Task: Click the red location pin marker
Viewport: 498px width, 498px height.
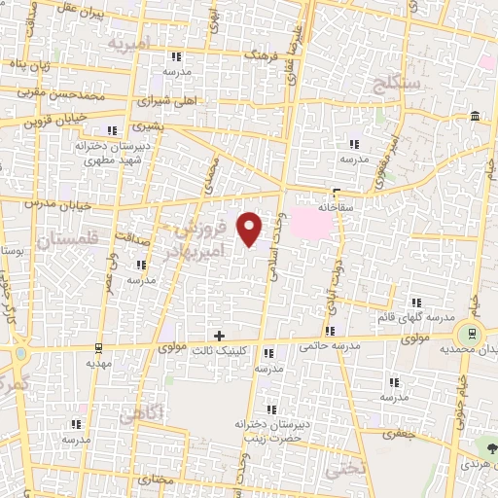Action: [250, 228]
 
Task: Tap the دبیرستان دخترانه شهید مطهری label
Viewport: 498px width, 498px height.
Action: [109, 152]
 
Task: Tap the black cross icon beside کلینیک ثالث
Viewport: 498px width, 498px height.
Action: [219, 336]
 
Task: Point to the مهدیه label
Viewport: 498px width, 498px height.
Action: [101, 362]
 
